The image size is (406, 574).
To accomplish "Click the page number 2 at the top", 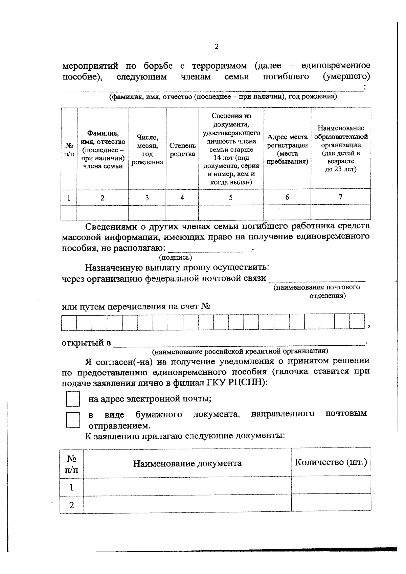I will [x=217, y=47].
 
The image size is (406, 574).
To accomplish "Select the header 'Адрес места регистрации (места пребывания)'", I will [x=287, y=149].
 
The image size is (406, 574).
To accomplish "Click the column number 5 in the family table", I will [x=231, y=198].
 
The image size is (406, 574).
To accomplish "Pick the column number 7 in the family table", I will [x=341, y=197].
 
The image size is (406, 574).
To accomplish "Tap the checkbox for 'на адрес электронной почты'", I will [x=73, y=399].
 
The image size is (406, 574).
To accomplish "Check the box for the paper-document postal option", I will [x=73, y=420].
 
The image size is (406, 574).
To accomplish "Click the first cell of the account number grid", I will [x=69, y=322].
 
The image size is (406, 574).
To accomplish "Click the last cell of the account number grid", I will [x=357, y=322].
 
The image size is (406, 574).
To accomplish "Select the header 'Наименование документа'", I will [x=187, y=463].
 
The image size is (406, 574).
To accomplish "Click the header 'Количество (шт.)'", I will [x=331, y=462].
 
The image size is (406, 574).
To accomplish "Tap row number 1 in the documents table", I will [x=71, y=487].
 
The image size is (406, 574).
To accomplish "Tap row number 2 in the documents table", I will [x=71, y=505].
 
